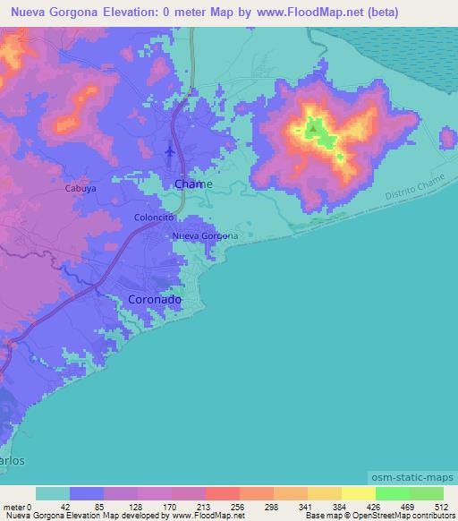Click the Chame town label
click(x=193, y=184)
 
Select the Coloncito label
click(x=153, y=217)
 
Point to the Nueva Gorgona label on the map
click(x=206, y=235)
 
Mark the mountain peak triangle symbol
click(x=313, y=129)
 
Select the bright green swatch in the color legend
click(x=393, y=493)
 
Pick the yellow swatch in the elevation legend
click(x=359, y=493)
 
